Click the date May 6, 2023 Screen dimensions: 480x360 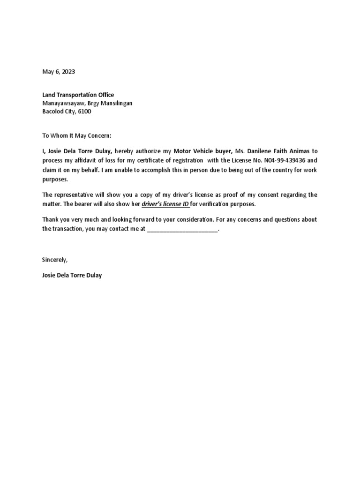(x=59, y=72)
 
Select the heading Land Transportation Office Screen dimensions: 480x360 (x=78, y=95)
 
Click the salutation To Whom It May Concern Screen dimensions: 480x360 (x=77, y=135)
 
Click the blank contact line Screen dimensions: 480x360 (x=183, y=229)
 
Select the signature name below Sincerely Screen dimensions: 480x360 (x=72, y=275)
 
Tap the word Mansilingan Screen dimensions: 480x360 (x=115, y=103)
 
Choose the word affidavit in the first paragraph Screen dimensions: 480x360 (x=82, y=160)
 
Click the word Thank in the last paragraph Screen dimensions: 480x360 (x=51, y=219)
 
